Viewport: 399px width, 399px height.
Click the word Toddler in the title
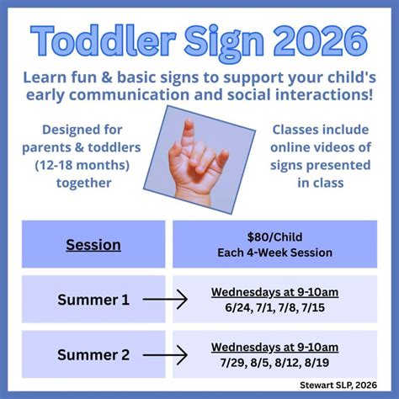click(x=104, y=40)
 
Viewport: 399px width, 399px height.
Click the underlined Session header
click(x=93, y=245)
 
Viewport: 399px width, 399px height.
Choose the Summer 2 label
click(x=87, y=354)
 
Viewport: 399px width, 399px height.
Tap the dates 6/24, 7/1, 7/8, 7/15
click(x=274, y=308)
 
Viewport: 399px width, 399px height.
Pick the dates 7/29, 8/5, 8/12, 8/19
click(x=274, y=363)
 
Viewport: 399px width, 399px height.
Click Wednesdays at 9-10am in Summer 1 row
click(x=274, y=292)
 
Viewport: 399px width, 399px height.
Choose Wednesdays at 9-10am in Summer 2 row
click(x=274, y=347)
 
